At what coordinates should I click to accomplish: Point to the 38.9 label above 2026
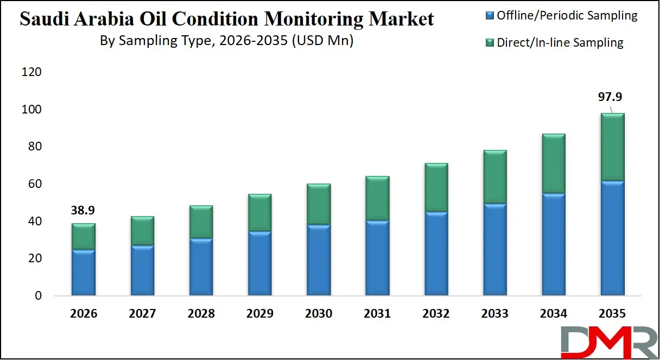click(83, 210)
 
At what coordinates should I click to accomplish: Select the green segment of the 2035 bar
click(613, 147)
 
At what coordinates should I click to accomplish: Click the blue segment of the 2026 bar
click(83, 273)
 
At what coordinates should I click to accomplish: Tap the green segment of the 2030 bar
click(318, 204)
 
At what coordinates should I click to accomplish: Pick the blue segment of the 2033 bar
click(495, 250)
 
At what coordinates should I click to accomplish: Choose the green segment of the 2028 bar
click(201, 222)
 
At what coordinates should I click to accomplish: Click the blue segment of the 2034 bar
click(554, 244)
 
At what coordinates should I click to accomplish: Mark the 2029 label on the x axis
click(259, 314)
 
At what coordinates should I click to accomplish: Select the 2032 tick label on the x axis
click(436, 314)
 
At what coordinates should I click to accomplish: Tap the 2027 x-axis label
click(142, 314)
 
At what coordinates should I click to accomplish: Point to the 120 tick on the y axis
click(31, 72)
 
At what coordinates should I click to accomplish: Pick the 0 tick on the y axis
click(38, 296)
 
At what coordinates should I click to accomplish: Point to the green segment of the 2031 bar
click(377, 198)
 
